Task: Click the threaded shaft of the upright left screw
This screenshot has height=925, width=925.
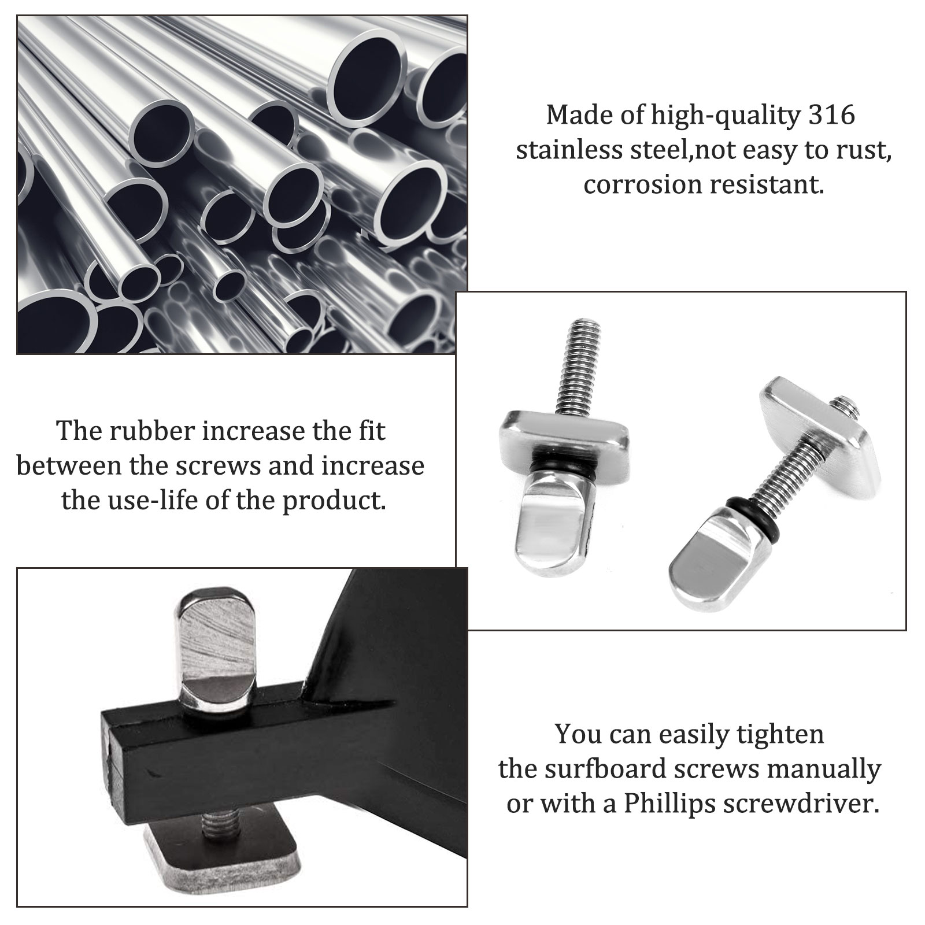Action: pyautogui.click(x=573, y=368)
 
